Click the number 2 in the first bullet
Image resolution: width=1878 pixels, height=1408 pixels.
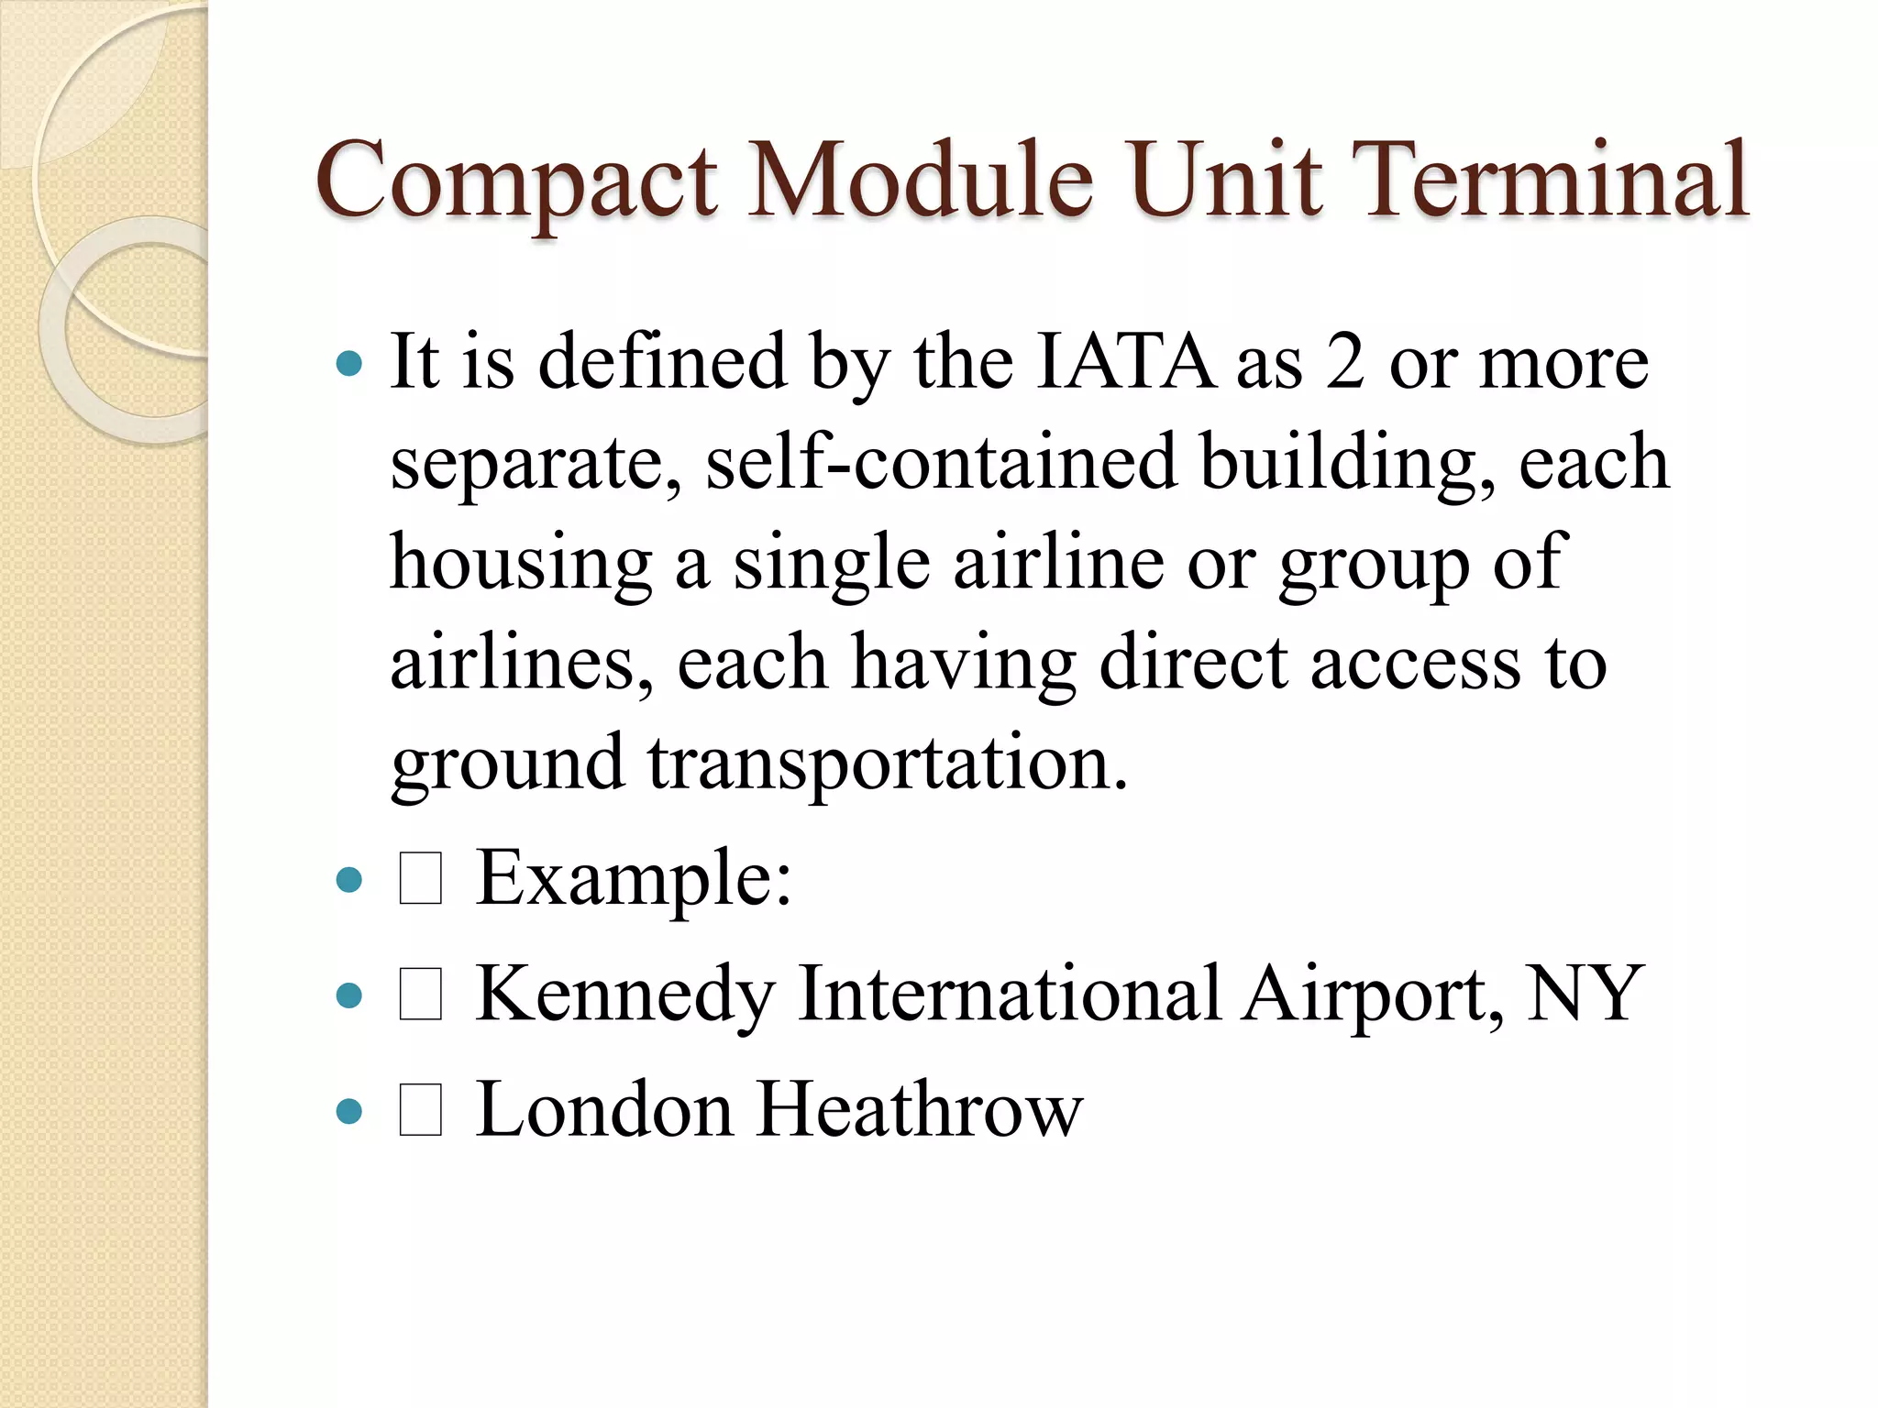[1345, 363]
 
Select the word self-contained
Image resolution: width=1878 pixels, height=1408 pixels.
[941, 462]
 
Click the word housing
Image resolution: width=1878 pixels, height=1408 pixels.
[521, 564]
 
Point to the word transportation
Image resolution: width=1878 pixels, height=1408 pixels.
[888, 764]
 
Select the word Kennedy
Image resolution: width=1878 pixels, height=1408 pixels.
[625, 995]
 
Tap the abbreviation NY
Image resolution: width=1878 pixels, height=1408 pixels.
[1583, 994]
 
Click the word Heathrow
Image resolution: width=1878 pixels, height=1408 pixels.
[919, 1110]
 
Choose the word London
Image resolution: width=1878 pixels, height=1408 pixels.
[604, 1110]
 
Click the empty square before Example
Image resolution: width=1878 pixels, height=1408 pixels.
[421, 878]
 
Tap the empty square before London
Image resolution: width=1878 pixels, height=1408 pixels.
[421, 1109]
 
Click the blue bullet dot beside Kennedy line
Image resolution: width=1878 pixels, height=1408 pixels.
[349, 995]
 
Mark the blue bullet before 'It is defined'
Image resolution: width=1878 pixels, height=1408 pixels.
[349, 364]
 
